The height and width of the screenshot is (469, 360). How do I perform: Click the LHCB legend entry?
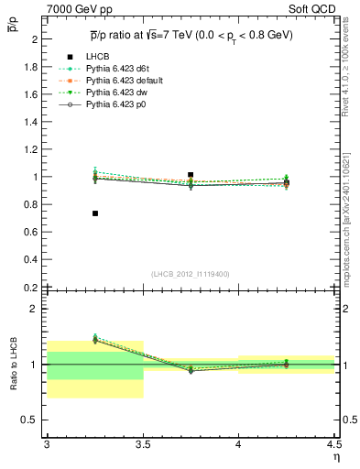(x=97, y=58)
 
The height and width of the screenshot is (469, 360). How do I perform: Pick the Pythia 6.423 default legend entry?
(x=127, y=82)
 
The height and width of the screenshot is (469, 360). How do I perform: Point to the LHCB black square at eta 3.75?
(x=191, y=174)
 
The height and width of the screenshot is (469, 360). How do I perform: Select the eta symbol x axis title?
(x=335, y=457)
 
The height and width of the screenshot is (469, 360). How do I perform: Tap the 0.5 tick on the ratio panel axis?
(x=33, y=420)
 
